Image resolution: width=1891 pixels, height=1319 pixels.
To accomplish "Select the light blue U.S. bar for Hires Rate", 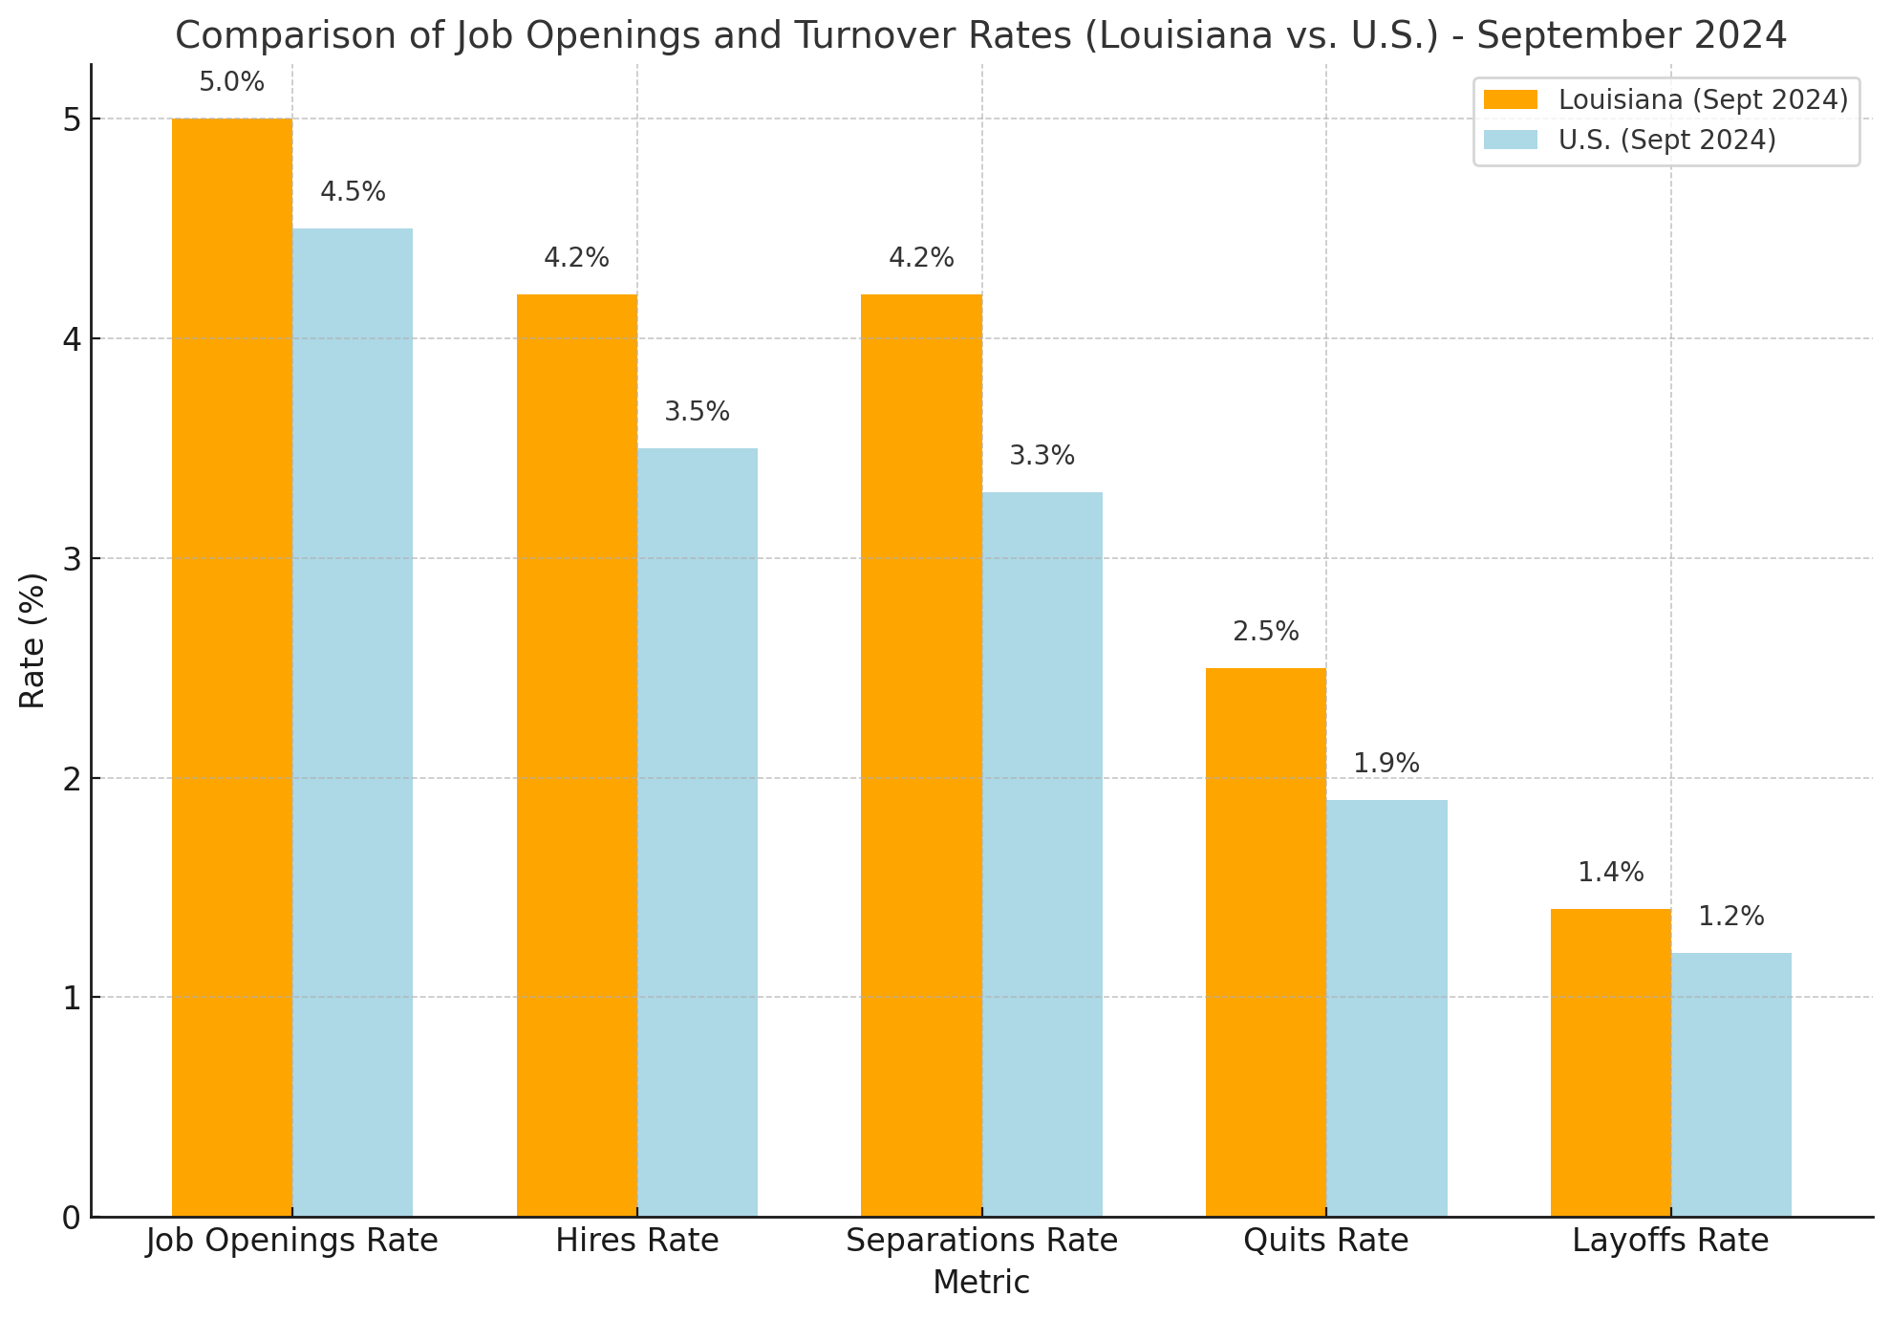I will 698,832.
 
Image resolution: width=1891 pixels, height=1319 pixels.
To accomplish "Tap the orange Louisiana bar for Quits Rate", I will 1266,941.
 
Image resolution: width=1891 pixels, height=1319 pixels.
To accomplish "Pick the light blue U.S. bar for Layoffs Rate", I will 1731,1084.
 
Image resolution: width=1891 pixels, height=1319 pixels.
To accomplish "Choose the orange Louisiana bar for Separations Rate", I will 921,755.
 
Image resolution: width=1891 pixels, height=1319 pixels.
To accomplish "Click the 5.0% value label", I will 231,83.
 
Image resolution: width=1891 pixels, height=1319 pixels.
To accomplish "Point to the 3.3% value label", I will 1042,457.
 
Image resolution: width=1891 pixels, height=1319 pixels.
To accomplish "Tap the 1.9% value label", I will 1386,765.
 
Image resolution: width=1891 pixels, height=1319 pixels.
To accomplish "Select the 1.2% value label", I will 1730,918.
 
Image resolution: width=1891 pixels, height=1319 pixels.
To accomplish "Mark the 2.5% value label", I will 1266,633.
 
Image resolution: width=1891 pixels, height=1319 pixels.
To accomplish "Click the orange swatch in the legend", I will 1511,100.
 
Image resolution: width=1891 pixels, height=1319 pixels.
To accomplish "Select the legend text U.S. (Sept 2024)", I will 1666,141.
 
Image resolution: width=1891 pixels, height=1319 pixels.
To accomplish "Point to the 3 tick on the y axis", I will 71,559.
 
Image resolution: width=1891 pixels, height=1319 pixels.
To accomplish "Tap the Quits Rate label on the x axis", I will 1326,1242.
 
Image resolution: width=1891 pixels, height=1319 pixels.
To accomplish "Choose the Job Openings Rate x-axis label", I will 292,1242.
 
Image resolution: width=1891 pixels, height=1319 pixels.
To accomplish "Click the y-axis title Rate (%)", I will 32,640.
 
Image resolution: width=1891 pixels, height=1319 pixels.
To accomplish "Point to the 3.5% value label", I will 697,413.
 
